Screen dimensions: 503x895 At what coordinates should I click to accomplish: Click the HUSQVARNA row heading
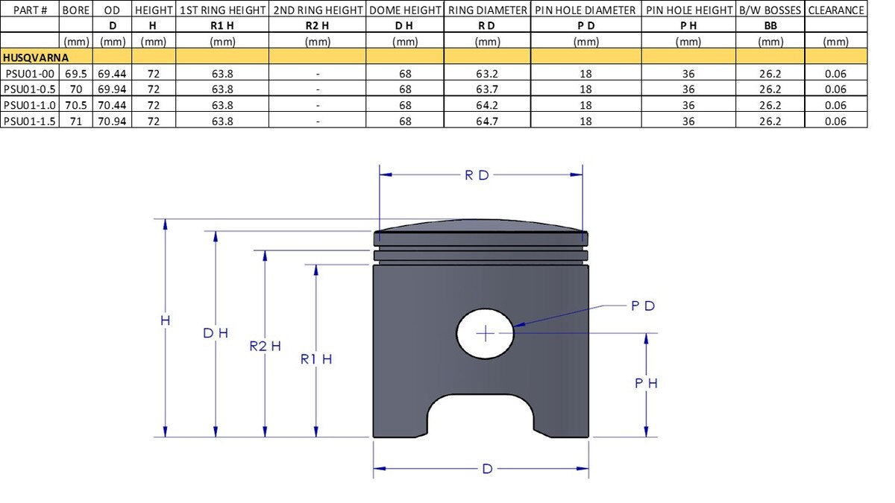(x=36, y=57)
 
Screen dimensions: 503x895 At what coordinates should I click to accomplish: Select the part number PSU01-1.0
(x=30, y=105)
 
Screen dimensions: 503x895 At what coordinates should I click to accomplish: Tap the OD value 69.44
(x=112, y=74)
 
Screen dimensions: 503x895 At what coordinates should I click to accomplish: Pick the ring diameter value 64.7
(x=487, y=121)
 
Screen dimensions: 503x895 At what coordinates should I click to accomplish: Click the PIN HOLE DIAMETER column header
(x=585, y=10)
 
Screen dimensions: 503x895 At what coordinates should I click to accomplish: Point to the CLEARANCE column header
(x=836, y=10)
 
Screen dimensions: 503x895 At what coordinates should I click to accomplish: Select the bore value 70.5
(x=75, y=105)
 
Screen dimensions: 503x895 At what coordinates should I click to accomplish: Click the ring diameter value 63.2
(x=487, y=74)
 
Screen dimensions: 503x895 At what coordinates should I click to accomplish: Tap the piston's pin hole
(x=485, y=333)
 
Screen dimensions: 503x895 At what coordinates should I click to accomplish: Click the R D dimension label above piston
(x=477, y=175)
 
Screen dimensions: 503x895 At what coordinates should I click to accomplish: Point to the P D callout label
(x=642, y=306)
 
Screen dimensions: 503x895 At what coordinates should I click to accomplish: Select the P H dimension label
(x=646, y=383)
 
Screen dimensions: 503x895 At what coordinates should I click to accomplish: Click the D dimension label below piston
(x=487, y=469)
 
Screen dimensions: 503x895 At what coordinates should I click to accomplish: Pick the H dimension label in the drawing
(x=165, y=320)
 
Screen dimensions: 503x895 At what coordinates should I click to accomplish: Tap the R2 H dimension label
(x=266, y=346)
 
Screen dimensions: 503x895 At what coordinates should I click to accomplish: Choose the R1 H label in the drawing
(x=316, y=359)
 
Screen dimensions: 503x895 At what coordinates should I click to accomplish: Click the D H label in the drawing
(x=216, y=333)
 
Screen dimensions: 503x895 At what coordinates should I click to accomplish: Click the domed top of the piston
(x=480, y=225)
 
